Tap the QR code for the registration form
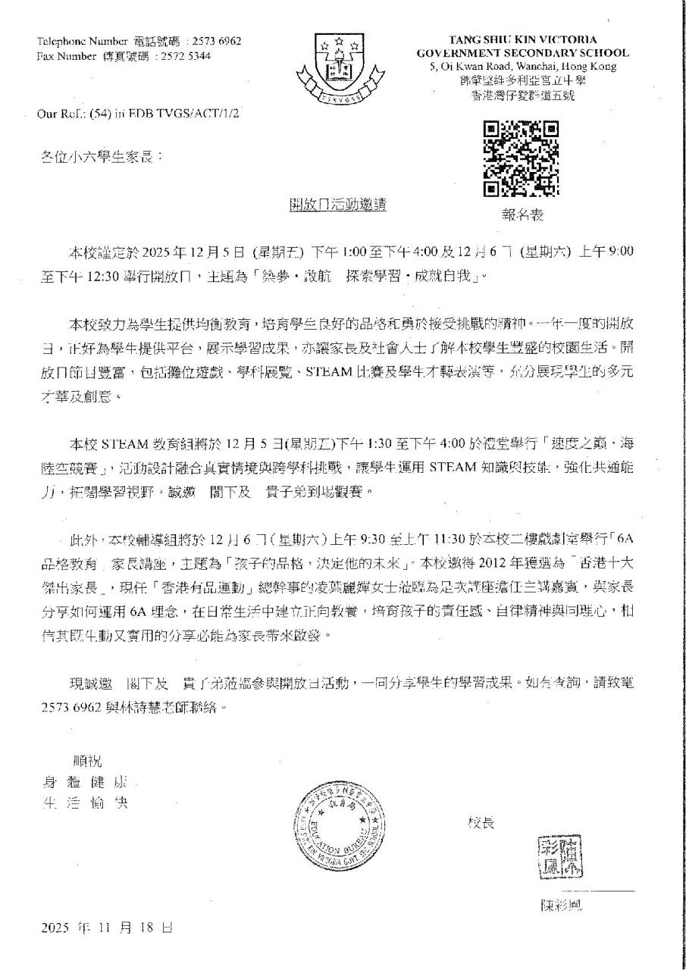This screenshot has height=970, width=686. pyautogui.click(x=521, y=158)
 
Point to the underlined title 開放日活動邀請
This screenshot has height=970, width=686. pyautogui.click(x=339, y=205)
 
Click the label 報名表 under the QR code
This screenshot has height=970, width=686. pyautogui.click(x=522, y=215)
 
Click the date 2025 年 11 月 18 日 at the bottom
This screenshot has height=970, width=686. pyautogui.click(x=107, y=928)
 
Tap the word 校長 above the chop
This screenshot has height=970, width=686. pyautogui.click(x=481, y=822)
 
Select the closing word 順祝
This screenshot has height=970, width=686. pyautogui.click(x=86, y=760)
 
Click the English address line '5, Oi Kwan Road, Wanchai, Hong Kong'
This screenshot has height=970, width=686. pyautogui.click(x=522, y=66)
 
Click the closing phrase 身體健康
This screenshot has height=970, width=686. pyautogui.click(x=85, y=782)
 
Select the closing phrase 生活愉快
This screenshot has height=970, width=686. pyautogui.click(x=85, y=803)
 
